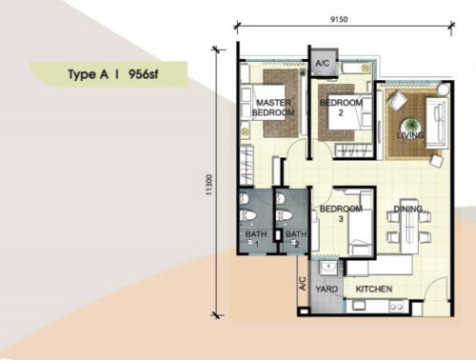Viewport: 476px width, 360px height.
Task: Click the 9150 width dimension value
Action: (x=339, y=19)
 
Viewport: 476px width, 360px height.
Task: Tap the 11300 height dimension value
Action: (x=208, y=185)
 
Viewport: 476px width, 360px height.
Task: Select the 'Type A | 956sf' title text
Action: (x=113, y=74)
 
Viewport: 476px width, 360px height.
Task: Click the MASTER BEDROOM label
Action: (x=273, y=108)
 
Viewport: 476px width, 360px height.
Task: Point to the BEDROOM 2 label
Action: (x=341, y=108)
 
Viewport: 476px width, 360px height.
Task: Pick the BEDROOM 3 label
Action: (x=341, y=213)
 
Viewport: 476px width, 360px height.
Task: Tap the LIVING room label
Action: (x=410, y=135)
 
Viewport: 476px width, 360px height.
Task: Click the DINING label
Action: (x=408, y=209)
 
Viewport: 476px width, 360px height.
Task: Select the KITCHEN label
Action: (x=374, y=290)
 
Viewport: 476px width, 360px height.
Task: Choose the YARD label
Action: (x=327, y=290)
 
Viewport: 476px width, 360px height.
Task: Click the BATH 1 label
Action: (x=256, y=239)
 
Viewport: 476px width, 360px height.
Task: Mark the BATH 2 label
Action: (x=296, y=239)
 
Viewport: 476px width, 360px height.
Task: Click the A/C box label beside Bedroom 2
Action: (x=322, y=63)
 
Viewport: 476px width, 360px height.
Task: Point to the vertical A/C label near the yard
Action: (x=303, y=283)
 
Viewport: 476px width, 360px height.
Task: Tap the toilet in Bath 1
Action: (x=248, y=215)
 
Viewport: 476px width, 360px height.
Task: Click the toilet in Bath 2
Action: (x=284, y=215)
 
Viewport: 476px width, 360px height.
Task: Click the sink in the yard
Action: (x=328, y=268)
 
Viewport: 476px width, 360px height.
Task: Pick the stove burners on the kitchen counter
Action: (x=397, y=307)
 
